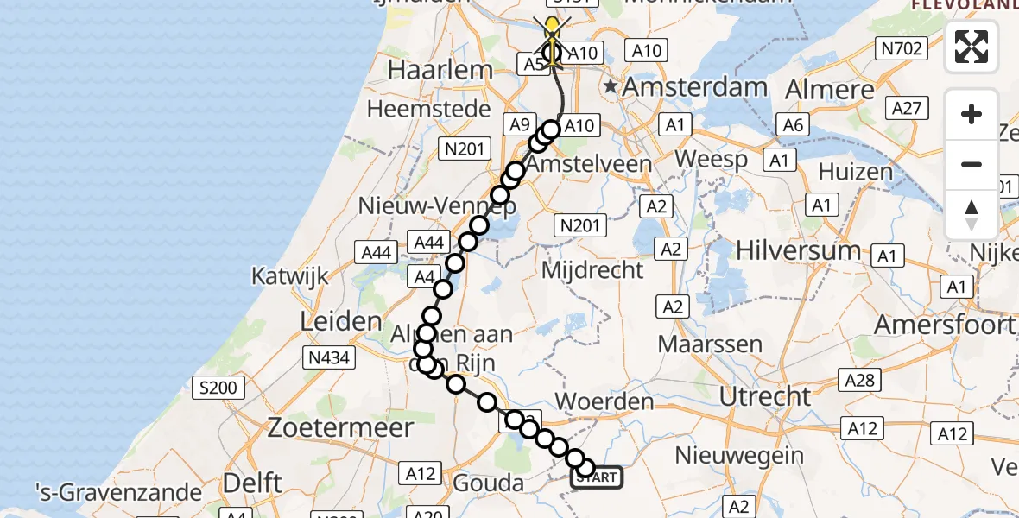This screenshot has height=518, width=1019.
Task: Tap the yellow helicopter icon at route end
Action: coord(551,29)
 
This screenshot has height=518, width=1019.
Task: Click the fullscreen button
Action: coord(972,47)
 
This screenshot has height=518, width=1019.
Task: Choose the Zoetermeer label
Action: coord(340,426)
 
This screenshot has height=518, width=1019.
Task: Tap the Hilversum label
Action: coord(798,250)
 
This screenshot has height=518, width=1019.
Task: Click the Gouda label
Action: coord(489,483)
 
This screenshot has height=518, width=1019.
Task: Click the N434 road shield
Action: coord(328,358)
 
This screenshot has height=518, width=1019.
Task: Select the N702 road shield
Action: coord(901,49)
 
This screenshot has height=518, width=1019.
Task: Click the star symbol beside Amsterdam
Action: coord(611,86)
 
